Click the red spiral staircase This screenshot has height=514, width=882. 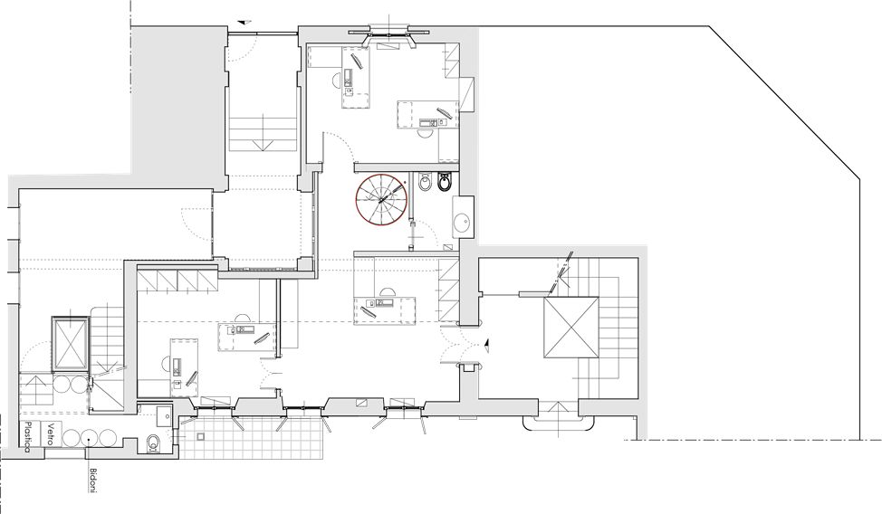click(381, 198)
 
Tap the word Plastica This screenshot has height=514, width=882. click(26, 437)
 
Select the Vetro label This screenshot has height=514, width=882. click(51, 433)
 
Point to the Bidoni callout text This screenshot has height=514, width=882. click(92, 480)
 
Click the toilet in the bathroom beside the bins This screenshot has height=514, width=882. click(152, 443)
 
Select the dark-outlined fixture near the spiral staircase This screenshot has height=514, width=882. click(445, 181)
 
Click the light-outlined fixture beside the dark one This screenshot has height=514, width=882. click(425, 182)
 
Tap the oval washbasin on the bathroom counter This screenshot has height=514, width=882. click(464, 222)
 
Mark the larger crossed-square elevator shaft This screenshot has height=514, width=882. click(570, 328)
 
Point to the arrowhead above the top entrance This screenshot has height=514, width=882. click(243, 23)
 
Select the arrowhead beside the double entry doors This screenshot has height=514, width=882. click(486, 345)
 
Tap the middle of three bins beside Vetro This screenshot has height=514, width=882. click(89, 437)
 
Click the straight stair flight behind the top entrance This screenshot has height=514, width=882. click(263, 133)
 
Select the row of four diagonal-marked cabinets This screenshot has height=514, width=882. click(177, 280)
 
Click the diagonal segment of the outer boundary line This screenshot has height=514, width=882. click(784, 102)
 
